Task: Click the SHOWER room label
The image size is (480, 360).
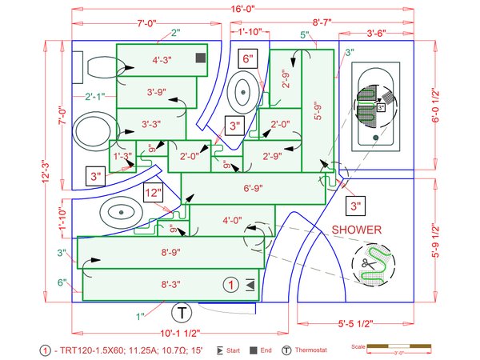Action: (x=357, y=230)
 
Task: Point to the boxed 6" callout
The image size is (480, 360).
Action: (x=248, y=58)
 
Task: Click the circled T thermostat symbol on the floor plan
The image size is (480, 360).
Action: (x=182, y=311)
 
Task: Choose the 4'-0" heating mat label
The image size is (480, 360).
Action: (x=232, y=219)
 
